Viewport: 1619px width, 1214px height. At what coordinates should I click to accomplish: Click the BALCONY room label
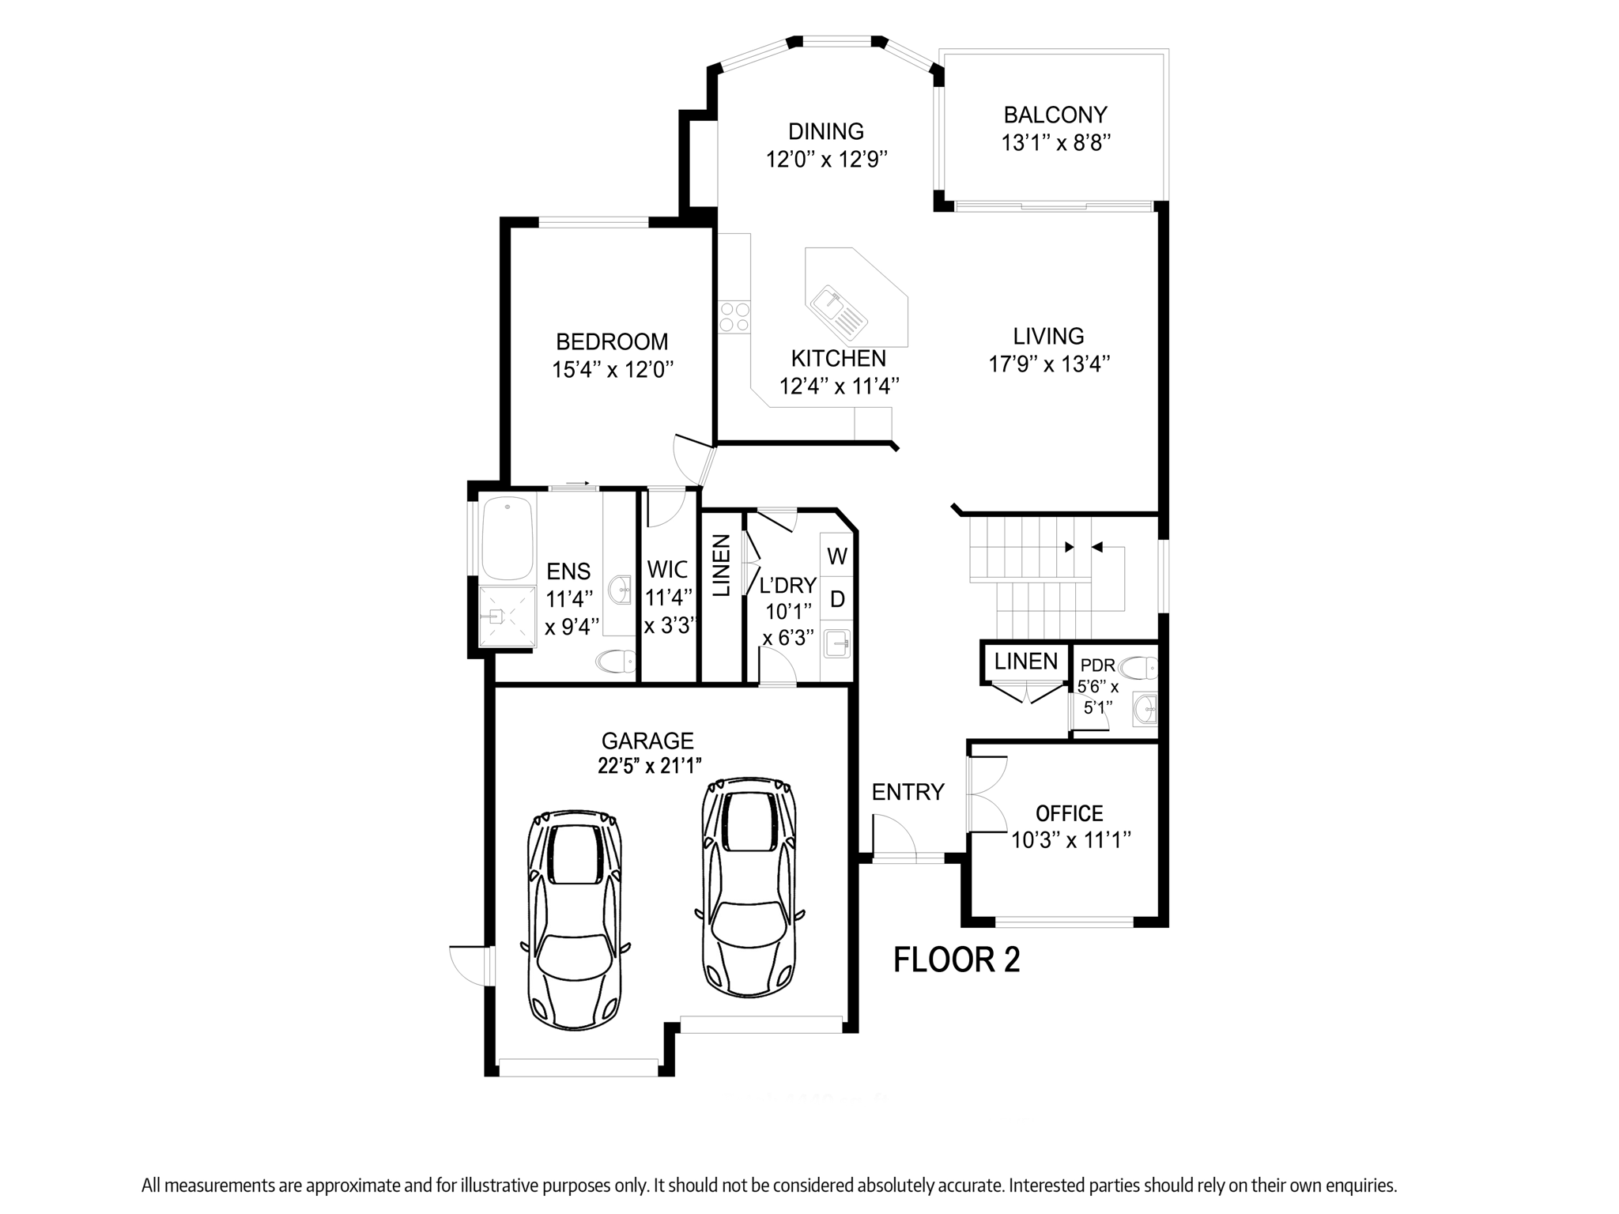(1055, 115)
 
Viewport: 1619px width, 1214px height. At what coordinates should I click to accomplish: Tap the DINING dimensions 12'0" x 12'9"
(826, 160)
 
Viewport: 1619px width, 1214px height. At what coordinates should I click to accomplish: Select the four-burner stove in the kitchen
(734, 317)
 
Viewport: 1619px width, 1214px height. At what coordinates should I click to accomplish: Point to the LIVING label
(1048, 337)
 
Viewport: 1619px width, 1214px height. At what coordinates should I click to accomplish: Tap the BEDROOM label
(612, 341)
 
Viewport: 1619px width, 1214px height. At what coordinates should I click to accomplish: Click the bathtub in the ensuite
(508, 537)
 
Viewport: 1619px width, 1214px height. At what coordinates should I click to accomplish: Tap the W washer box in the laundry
(837, 556)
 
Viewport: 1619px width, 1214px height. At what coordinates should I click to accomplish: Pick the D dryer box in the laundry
(837, 599)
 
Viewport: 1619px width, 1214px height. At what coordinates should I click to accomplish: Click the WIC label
(668, 570)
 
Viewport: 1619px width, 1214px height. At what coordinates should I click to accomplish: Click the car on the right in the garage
(749, 887)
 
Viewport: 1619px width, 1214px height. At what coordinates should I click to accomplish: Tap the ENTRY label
(908, 792)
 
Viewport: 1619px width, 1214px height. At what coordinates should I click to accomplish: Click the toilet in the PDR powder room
(1138, 669)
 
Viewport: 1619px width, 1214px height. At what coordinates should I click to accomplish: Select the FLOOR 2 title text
(956, 960)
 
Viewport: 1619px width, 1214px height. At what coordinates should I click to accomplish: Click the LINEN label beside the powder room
(1025, 662)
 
